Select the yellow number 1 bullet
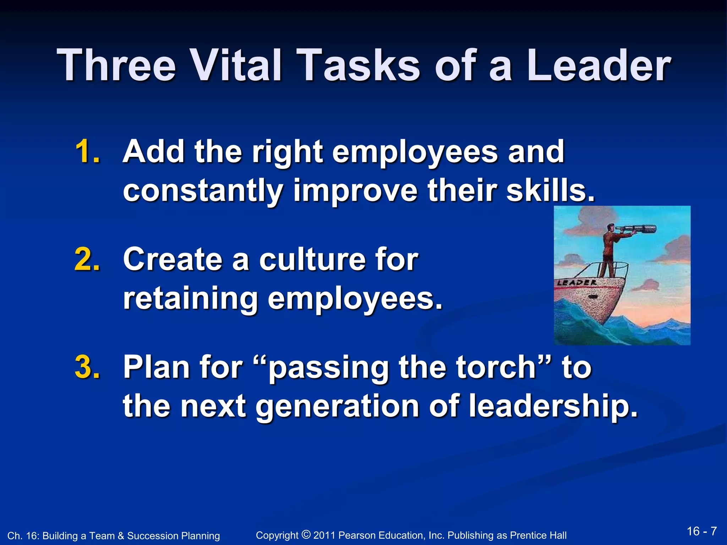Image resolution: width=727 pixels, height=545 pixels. point(87,152)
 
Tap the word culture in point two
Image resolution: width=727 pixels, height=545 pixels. point(312,259)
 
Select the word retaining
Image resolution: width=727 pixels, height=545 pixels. point(190,299)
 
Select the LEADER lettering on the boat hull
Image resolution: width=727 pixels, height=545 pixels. point(576,283)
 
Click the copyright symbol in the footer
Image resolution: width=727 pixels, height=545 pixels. point(306,534)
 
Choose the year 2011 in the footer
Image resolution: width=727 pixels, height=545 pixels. point(324,535)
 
